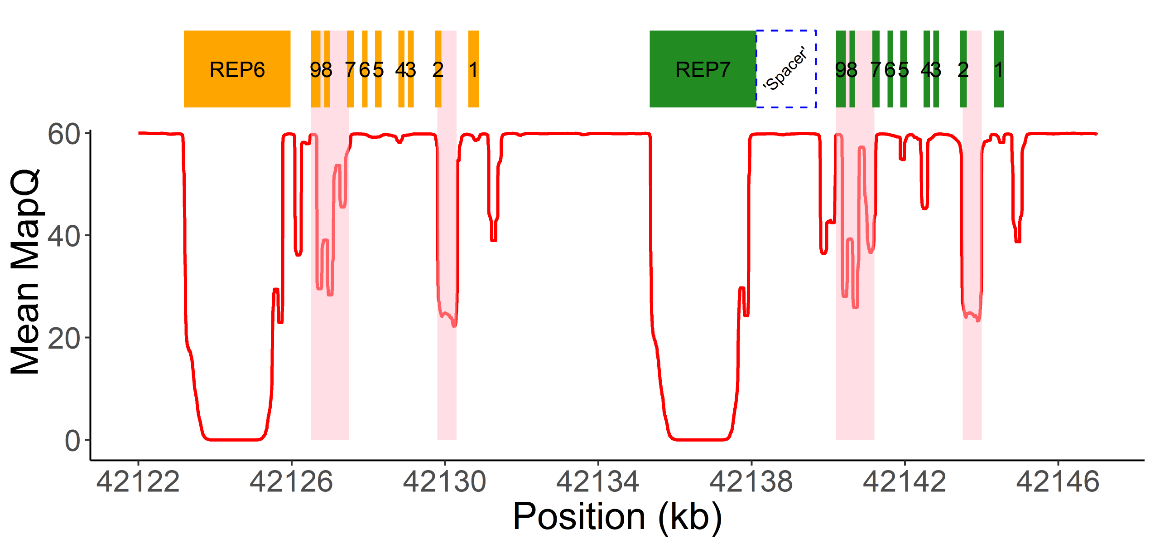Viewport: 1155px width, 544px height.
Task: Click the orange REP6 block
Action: point(237,69)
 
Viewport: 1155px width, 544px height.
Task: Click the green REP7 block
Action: point(703,69)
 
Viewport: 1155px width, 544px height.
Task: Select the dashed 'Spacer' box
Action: point(786,69)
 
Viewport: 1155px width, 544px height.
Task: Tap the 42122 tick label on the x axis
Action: point(138,481)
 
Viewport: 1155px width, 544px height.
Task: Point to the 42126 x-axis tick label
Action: point(291,481)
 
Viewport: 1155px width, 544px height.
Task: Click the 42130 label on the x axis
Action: point(444,481)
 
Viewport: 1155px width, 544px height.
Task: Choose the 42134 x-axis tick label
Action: point(598,481)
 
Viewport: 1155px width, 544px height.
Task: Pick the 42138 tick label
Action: point(751,481)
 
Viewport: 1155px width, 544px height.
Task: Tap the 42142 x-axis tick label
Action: point(905,481)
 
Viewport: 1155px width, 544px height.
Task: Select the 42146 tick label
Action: point(1058,481)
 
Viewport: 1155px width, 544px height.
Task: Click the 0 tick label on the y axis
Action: point(72,440)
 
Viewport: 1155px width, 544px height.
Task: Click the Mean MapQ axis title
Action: point(25,272)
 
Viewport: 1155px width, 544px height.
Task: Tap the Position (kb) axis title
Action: point(617,517)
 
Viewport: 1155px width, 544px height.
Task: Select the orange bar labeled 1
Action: point(473,69)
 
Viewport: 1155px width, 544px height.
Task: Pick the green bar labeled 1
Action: point(999,69)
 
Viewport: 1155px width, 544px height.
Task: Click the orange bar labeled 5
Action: point(378,69)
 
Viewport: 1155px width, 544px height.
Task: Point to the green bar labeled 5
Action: point(904,69)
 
